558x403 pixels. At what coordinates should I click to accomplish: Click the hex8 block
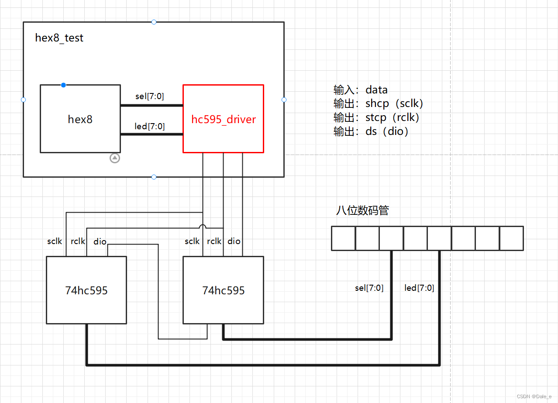coord(80,119)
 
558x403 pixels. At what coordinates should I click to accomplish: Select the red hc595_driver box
coord(223,119)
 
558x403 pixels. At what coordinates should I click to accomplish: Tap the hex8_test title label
coord(59,38)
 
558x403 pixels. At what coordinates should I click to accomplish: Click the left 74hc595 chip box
coord(86,290)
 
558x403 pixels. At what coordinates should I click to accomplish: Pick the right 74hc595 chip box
coord(223,290)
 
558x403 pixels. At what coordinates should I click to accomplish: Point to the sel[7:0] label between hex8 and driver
coord(150,96)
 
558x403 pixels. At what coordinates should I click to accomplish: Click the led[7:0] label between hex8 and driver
coord(150,126)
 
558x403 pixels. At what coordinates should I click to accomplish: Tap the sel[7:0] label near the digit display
coord(369,288)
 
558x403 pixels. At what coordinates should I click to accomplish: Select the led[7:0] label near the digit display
coord(419,288)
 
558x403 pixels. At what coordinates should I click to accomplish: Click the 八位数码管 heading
coord(362,210)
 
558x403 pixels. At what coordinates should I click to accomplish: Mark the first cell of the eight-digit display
coord(343,238)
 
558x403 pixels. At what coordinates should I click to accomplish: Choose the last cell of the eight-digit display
coord(511,238)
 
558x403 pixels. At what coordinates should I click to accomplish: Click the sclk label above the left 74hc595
coord(55,241)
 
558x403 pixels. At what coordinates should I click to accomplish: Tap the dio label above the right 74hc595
coord(234,241)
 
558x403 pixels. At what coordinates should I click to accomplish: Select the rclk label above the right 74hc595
coord(214,241)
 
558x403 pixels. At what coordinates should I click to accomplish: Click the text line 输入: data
coord(361,90)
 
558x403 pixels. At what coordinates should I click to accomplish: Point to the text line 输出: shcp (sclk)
coord(379,103)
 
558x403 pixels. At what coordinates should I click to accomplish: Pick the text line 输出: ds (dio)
coord(371,131)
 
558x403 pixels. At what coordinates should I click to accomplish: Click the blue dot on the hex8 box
coord(63,85)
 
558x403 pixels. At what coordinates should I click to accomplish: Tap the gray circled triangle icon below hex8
coord(115,158)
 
